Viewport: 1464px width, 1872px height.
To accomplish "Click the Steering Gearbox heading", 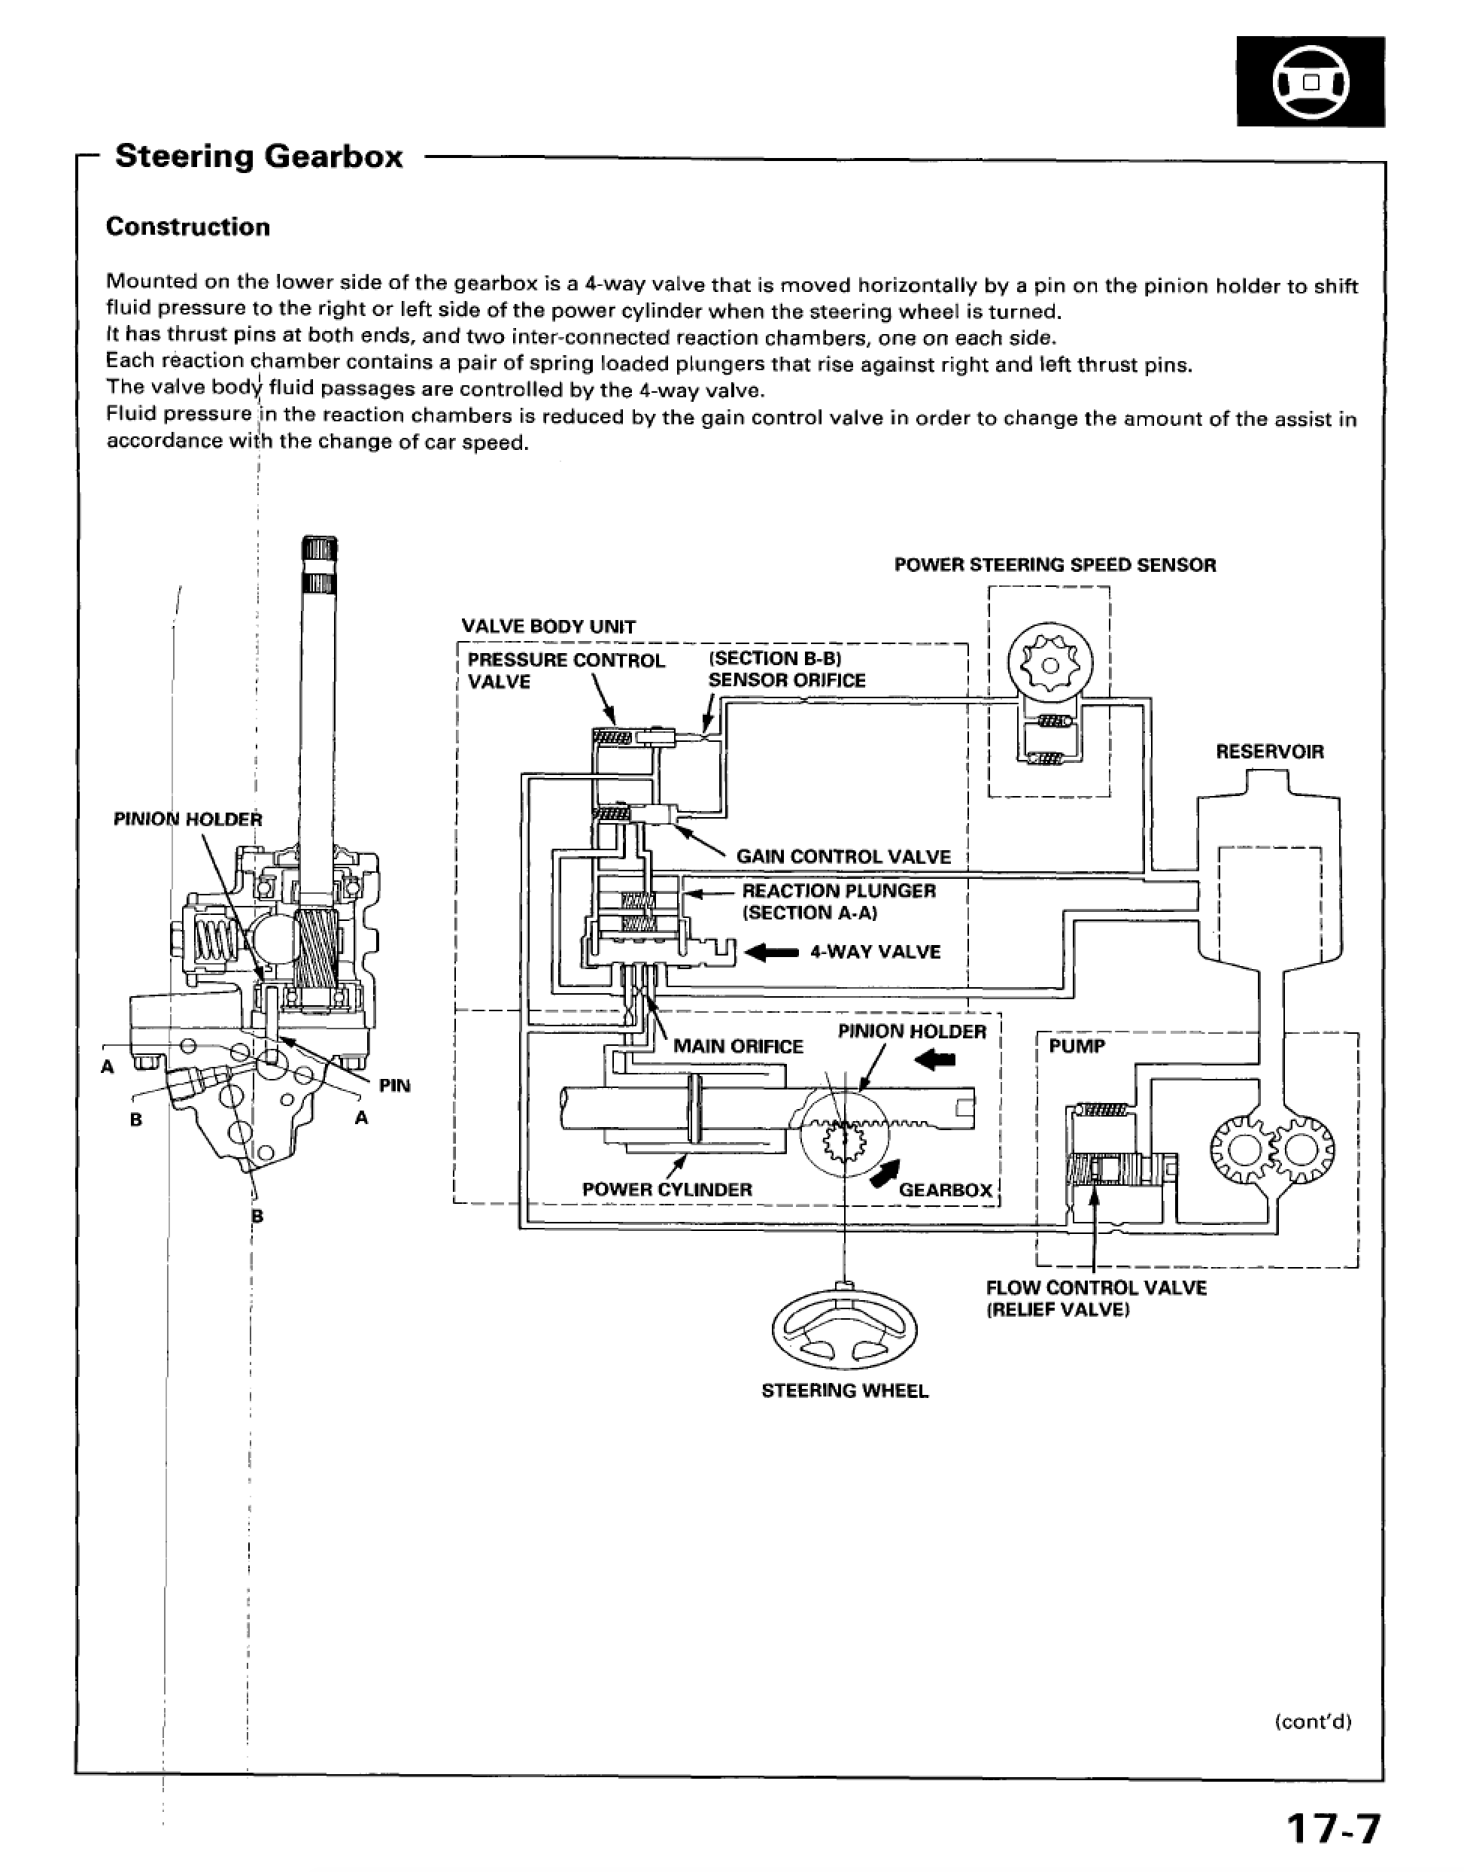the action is tap(259, 157).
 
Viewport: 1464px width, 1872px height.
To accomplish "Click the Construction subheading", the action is tap(188, 227).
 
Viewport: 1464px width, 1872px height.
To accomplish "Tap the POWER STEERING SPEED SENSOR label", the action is tap(1055, 565).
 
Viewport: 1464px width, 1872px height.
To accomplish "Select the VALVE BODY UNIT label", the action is tap(548, 627).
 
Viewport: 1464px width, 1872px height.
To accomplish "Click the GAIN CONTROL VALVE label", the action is tap(844, 857).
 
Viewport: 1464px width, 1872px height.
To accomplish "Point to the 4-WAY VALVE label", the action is tap(875, 953).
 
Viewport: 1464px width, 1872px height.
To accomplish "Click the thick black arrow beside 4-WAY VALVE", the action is tap(773, 953).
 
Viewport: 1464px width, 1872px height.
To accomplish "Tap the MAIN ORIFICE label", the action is tap(738, 1047).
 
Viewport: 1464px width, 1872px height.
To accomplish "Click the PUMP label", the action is tap(1077, 1046).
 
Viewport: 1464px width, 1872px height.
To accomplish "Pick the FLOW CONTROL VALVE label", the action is tap(1096, 1287).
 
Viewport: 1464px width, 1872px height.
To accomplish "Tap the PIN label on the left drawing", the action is tap(395, 1086).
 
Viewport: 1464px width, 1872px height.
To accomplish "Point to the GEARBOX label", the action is tap(946, 1190).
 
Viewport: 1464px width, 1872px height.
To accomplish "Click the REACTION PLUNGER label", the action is tap(839, 891).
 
